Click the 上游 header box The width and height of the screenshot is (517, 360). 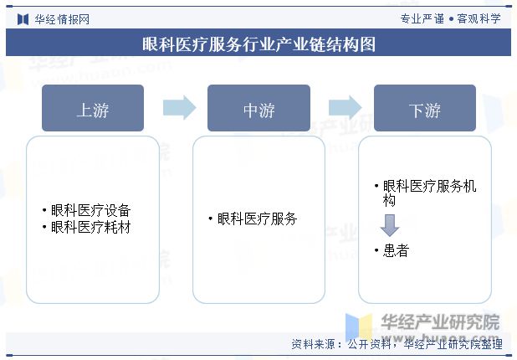click(x=93, y=109)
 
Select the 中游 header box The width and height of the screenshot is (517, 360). click(x=258, y=109)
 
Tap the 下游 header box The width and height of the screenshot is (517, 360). click(x=424, y=109)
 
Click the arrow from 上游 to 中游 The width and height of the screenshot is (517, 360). click(x=178, y=107)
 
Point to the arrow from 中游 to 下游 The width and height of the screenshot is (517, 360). click(x=344, y=107)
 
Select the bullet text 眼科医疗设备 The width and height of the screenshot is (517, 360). click(x=90, y=211)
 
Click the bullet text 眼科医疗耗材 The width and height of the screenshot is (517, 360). click(x=90, y=227)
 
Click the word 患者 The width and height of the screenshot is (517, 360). click(x=396, y=250)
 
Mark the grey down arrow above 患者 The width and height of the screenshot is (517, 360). click(x=389, y=224)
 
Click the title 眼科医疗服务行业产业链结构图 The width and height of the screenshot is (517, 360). click(x=258, y=44)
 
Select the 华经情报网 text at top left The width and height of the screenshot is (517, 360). click(x=62, y=18)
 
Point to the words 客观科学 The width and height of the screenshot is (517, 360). click(x=479, y=18)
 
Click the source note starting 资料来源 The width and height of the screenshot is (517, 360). click(x=397, y=344)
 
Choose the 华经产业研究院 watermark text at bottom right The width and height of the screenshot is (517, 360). click(x=440, y=321)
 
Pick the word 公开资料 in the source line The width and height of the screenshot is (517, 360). click(x=369, y=344)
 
